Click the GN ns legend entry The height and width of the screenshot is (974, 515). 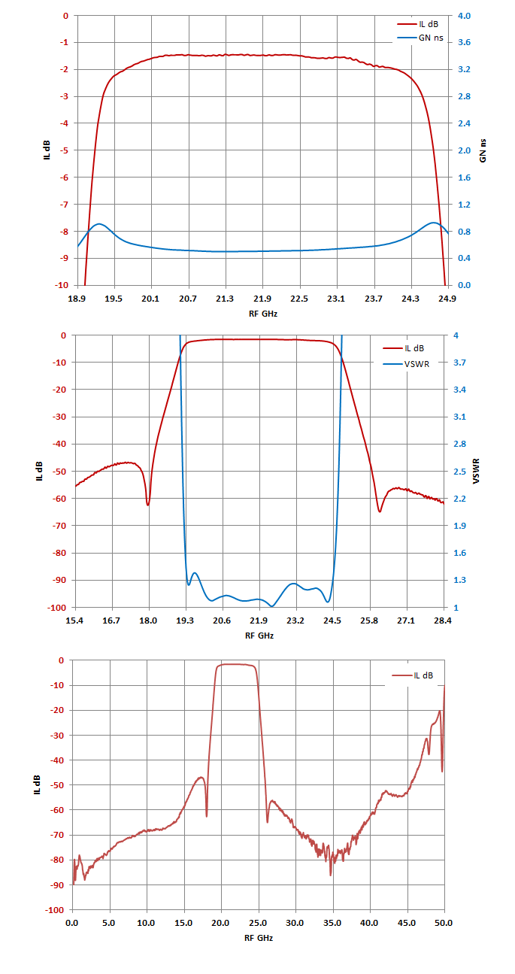point(420,38)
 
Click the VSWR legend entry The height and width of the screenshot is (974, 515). point(406,364)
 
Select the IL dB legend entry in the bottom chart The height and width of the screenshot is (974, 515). point(413,675)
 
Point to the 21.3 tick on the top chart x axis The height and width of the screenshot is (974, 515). point(225,299)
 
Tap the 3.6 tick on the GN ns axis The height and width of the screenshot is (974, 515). point(464,42)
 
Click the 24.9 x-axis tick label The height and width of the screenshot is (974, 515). point(447,299)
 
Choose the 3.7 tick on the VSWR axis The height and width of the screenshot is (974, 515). point(459,363)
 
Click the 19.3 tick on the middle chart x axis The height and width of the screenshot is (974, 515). point(185,621)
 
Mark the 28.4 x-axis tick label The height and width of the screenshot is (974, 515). point(442,621)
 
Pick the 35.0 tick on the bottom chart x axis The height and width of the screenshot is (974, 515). point(332,923)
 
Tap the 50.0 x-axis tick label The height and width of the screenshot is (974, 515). point(444,923)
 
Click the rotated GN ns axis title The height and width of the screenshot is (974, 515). point(483,150)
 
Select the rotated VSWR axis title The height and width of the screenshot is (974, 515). point(476,471)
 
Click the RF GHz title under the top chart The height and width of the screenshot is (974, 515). point(263,314)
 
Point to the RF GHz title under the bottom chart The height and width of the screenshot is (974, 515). point(259,938)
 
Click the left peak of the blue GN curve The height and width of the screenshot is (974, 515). point(99,223)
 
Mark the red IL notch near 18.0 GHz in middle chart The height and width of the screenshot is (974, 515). point(148,505)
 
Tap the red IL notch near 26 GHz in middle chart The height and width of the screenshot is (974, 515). point(380,511)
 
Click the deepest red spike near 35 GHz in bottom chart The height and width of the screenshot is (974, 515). point(331,875)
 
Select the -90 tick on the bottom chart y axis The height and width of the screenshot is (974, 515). point(55,885)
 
